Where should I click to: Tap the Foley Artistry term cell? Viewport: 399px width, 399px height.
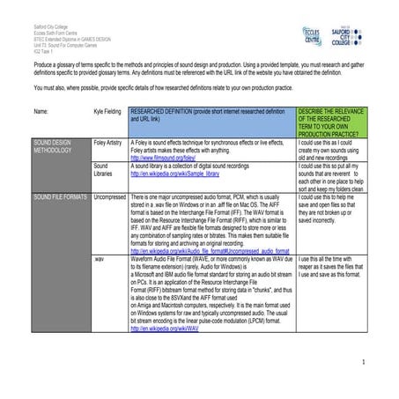coord(108,141)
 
